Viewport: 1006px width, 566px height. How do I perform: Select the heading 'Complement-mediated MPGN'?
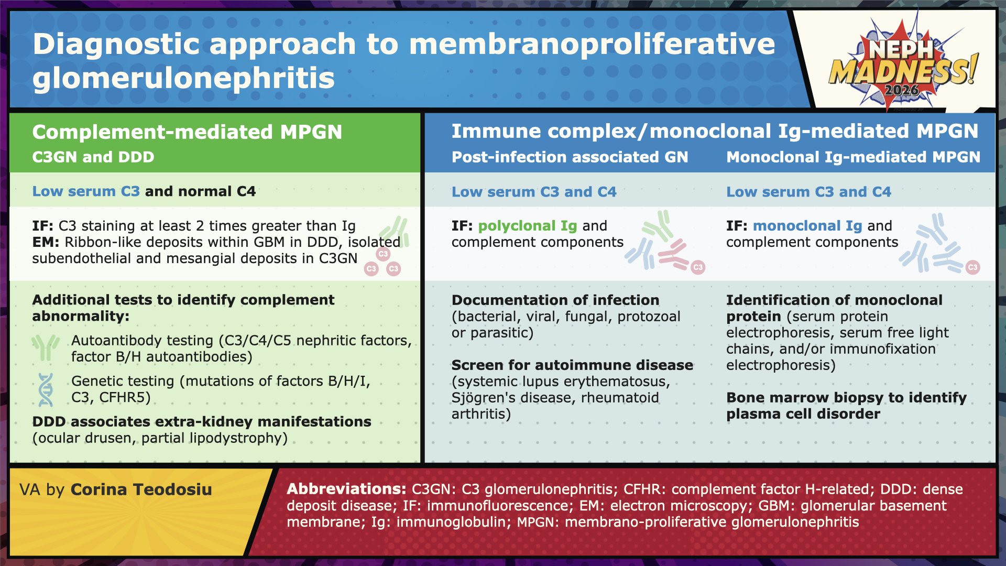pos(187,132)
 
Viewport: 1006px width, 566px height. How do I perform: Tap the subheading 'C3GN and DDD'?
pos(93,157)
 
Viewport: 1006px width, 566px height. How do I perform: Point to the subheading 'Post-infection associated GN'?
pos(570,157)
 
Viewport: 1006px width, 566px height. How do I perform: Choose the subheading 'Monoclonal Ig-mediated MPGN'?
pos(853,157)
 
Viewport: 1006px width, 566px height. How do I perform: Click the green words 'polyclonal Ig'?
pos(527,226)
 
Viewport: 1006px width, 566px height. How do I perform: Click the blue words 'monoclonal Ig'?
pos(807,226)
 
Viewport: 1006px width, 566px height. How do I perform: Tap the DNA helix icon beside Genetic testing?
pos(46,390)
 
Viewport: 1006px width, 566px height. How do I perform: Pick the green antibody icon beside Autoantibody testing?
pos(46,348)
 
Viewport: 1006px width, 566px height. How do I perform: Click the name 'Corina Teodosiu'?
pos(141,489)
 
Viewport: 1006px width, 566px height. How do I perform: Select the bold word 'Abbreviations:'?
pos(346,489)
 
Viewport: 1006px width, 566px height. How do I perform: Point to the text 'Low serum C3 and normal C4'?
pos(144,191)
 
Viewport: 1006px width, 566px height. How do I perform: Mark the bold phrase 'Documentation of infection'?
pos(555,300)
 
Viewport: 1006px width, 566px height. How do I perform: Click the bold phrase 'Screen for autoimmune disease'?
pos(572,365)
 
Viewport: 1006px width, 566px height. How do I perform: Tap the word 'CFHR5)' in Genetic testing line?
pos(125,397)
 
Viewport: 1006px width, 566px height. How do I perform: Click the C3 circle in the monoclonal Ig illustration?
pos(972,267)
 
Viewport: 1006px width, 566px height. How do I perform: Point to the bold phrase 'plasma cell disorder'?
pos(803,414)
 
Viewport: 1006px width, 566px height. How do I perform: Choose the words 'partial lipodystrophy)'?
pos(214,438)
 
